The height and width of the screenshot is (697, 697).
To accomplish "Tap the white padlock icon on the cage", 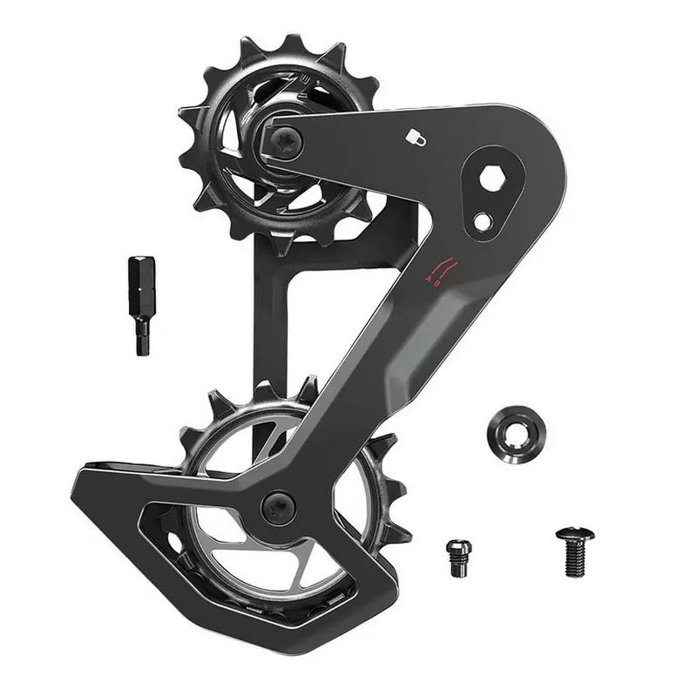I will tap(416, 137).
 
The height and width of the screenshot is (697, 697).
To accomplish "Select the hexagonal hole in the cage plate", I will tap(492, 179).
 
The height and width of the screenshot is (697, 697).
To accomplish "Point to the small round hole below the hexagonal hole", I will tap(482, 221).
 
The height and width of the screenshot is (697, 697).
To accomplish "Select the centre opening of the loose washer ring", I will tap(517, 433).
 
